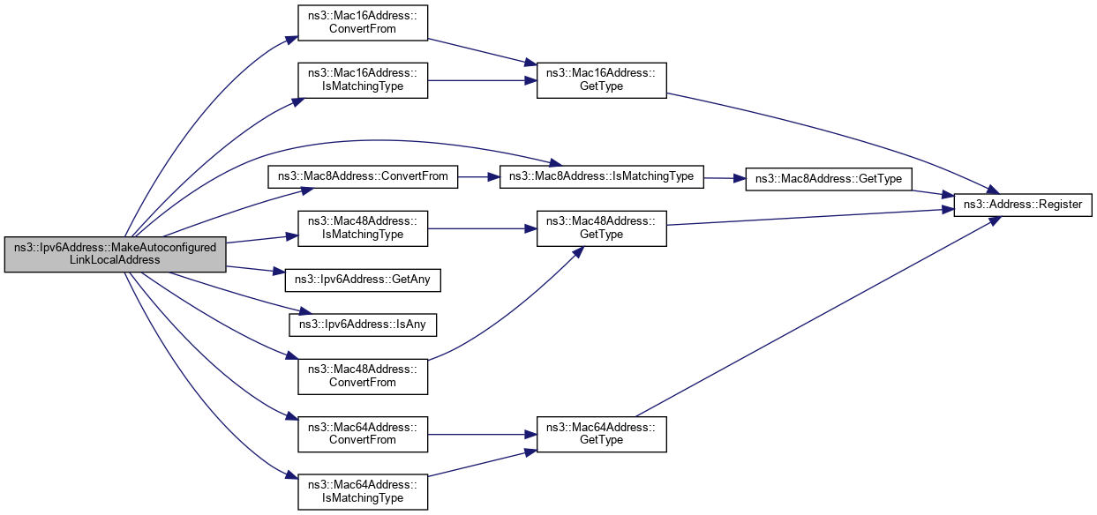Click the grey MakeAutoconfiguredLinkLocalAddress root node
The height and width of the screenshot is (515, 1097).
[x=115, y=254]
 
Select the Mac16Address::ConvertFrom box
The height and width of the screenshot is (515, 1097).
[x=363, y=22]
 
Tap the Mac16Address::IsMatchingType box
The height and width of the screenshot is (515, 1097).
[x=363, y=79]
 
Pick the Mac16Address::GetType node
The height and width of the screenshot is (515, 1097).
[x=602, y=79]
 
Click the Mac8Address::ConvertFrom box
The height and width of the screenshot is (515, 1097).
[x=363, y=176]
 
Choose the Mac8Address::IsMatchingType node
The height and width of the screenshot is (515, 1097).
[x=602, y=176]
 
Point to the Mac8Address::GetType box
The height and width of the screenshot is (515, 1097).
[x=830, y=179]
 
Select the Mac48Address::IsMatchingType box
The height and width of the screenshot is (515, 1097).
[x=363, y=228]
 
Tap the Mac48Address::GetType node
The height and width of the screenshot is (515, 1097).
[x=602, y=228]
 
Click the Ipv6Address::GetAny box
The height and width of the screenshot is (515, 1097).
[x=363, y=280]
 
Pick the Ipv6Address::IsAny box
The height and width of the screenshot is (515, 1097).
[x=363, y=324]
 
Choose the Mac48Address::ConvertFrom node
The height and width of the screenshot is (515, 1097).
[x=363, y=376]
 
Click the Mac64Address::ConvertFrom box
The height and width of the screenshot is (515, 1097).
[x=363, y=434]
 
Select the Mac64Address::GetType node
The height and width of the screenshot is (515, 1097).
[x=602, y=434]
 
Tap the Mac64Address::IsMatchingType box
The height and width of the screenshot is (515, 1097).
[x=363, y=491]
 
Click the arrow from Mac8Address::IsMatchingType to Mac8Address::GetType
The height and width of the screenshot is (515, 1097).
[x=725, y=178]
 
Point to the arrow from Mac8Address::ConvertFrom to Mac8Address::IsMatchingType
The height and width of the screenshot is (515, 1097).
[x=478, y=176]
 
